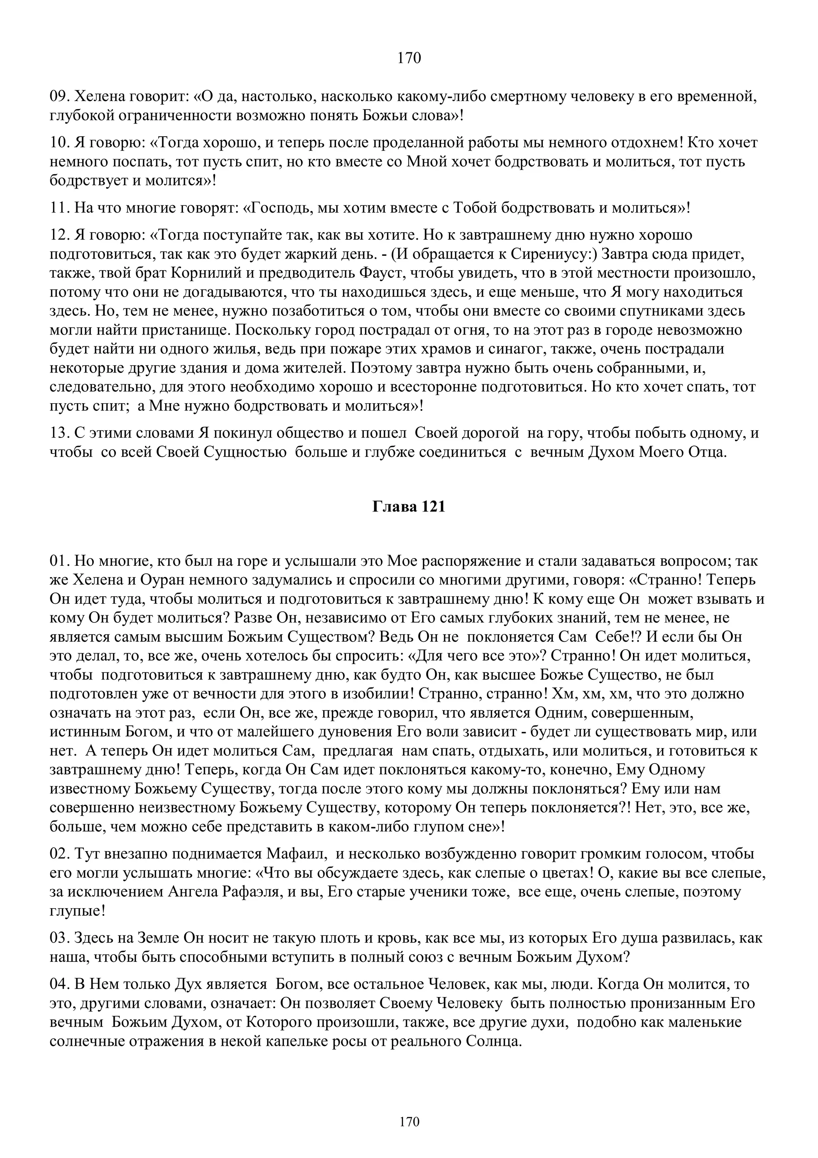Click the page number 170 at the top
tap(409, 58)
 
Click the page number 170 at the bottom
tap(409, 1122)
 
